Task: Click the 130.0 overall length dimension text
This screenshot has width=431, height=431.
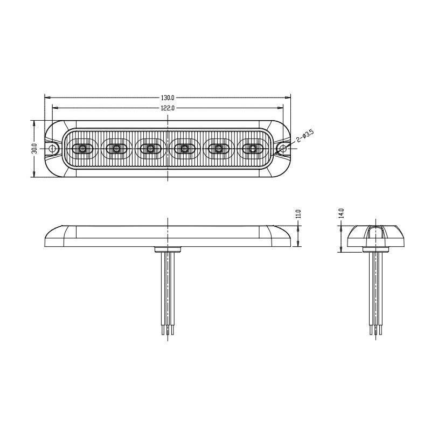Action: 168,98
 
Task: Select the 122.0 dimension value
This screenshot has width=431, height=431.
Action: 168,108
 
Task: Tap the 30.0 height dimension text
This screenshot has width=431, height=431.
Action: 35,149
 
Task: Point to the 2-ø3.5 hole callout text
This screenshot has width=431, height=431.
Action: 305,136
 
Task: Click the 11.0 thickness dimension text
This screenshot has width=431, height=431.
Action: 299,214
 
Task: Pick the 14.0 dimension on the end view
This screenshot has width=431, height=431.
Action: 342,213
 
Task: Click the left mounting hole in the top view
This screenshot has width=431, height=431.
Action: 52,149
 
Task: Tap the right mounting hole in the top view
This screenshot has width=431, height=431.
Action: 283,149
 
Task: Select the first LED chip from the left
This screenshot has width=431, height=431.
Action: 82,149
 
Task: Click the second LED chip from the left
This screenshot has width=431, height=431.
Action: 116,149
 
